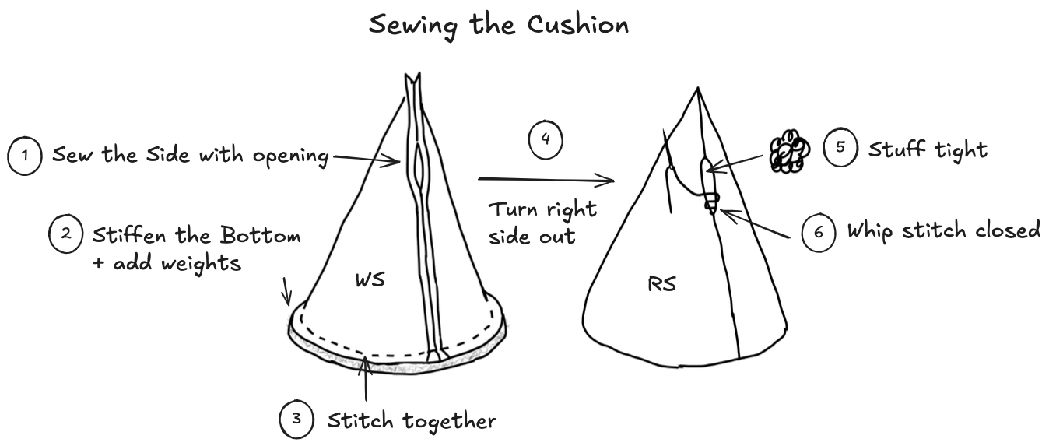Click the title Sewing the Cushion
tap(498, 25)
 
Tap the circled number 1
tap(25, 156)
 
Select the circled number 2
tap(65, 234)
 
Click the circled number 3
tap(296, 420)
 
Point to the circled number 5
tap(840, 148)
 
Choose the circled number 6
tap(819, 231)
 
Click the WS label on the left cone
tap(370, 280)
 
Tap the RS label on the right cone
tap(661, 284)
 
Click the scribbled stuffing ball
tap(788, 153)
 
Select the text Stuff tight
tap(927, 149)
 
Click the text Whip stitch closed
tap(943, 231)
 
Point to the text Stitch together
tap(411, 421)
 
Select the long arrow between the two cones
tap(545, 181)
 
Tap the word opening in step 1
tap(290, 156)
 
